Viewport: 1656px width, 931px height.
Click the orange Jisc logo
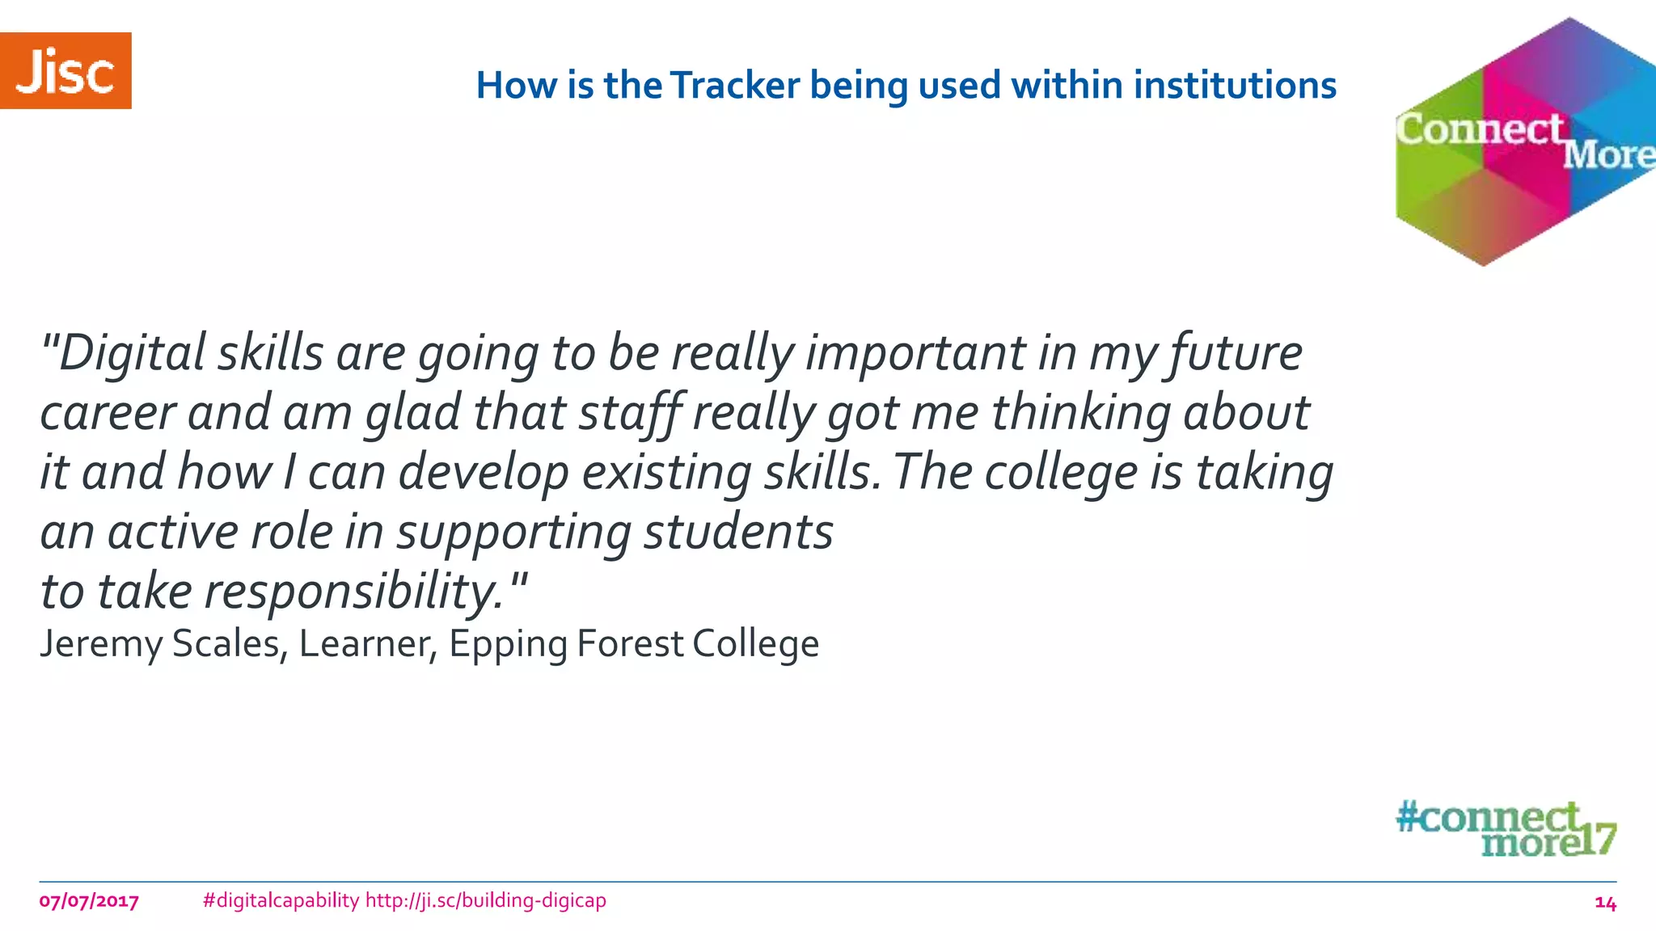65,71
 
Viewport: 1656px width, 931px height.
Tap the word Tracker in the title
735,86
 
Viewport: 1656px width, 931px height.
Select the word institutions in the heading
1235,86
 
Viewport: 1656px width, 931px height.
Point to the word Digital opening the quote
133,354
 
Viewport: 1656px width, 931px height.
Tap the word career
108,413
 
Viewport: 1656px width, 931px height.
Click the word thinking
1082,413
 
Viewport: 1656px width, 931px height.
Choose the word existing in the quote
666,473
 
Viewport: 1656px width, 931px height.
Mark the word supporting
513,533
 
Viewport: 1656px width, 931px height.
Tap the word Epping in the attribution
508,644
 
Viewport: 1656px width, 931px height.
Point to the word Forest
630,644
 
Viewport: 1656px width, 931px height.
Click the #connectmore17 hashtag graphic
1506,828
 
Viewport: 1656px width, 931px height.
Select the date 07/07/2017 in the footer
89,901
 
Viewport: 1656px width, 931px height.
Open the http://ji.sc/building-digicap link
485,900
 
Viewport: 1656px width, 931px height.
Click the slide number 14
1605,903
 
